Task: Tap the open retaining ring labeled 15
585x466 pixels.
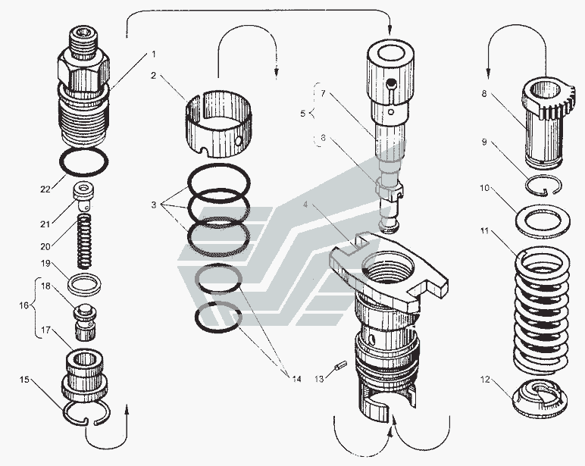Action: point(84,413)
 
